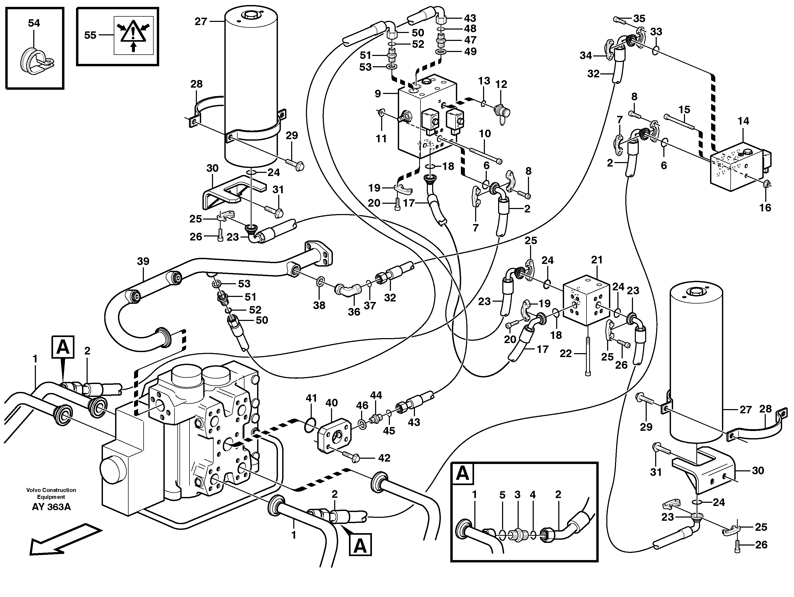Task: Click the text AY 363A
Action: pyautogui.click(x=51, y=507)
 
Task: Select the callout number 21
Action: pyautogui.click(x=597, y=260)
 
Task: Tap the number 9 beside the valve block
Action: pyautogui.click(x=378, y=94)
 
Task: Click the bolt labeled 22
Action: pyautogui.click(x=588, y=356)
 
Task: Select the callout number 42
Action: pyautogui.click(x=384, y=458)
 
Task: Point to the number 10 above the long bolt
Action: pyautogui.click(x=485, y=134)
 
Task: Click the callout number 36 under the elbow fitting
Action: pyautogui.click(x=354, y=312)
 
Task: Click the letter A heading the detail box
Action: pyautogui.click(x=462, y=474)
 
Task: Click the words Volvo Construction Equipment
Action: pyautogui.click(x=51, y=493)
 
